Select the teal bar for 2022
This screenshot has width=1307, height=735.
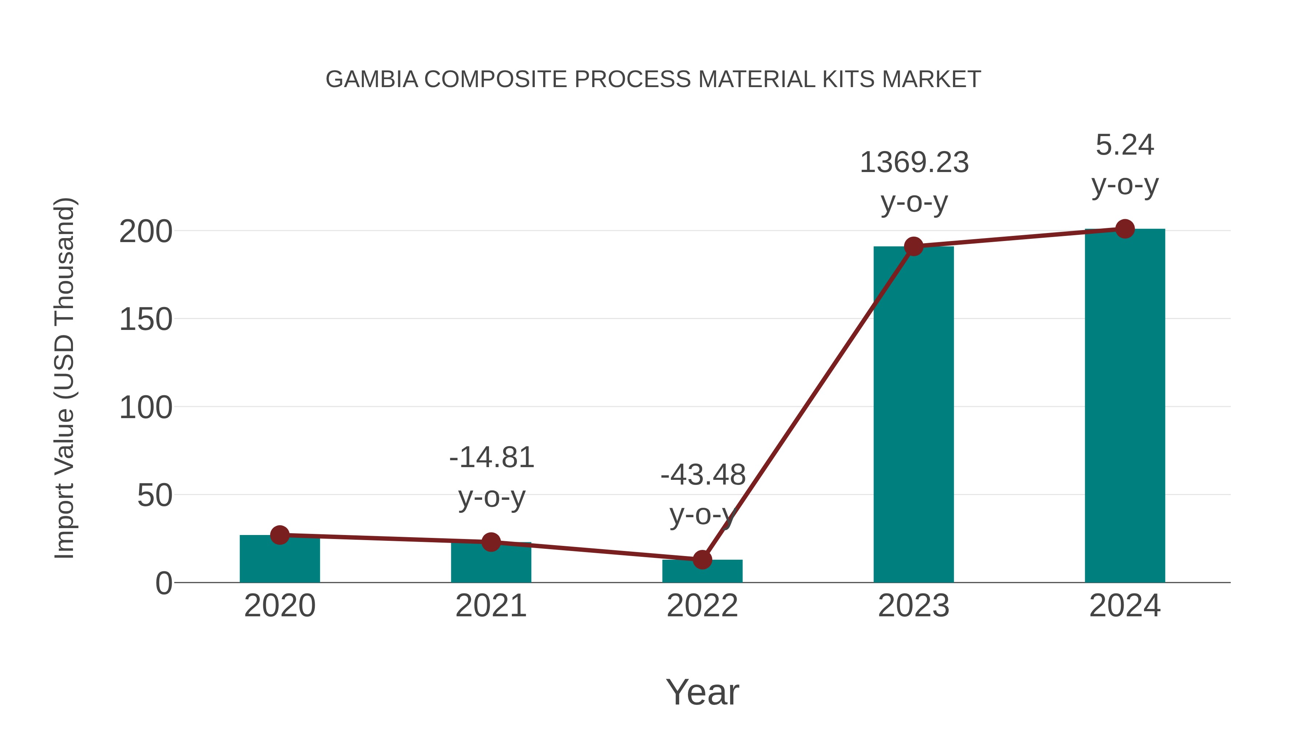click(702, 572)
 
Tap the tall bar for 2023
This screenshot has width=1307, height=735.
click(913, 416)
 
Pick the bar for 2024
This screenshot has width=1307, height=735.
click(1125, 406)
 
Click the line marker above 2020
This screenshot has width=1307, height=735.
click(280, 535)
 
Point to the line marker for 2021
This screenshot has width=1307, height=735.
click(490, 542)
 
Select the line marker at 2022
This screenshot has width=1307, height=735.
click(702, 559)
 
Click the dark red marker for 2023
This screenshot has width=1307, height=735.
click(913, 246)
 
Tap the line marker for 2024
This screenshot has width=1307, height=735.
click(1125, 229)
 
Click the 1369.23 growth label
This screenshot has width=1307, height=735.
click(914, 163)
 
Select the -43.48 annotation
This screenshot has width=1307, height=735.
click(703, 475)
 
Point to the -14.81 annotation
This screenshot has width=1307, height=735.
click(492, 458)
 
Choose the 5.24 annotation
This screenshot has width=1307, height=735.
click(1125, 145)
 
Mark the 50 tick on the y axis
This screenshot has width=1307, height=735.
click(154, 495)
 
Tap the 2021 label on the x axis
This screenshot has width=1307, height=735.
click(490, 606)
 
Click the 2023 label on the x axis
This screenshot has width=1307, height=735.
click(913, 606)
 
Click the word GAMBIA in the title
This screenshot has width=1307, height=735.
click(371, 79)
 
